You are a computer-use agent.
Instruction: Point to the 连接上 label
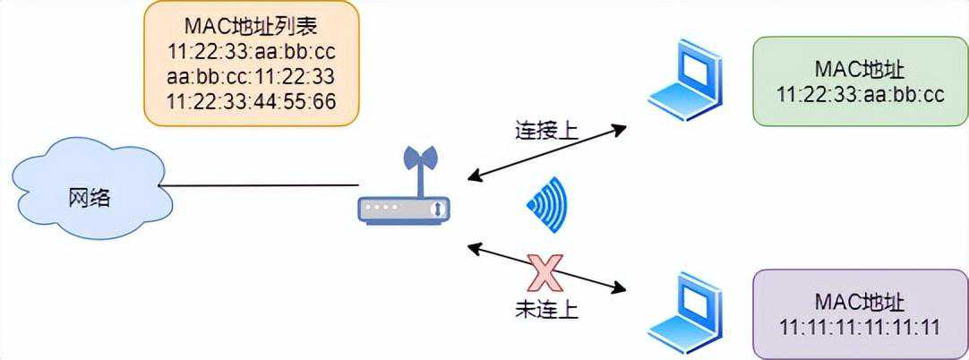pyautogui.click(x=546, y=132)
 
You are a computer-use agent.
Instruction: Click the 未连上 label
pyautogui.click(x=546, y=310)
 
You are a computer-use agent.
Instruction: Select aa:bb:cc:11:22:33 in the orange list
pyautogui.click(x=252, y=74)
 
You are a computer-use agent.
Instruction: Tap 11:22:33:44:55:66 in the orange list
pyautogui.click(x=252, y=101)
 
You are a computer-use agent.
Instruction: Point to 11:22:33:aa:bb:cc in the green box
pyautogui.click(x=860, y=95)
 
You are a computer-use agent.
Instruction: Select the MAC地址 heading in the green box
pyautogui.click(x=860, y=70)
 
